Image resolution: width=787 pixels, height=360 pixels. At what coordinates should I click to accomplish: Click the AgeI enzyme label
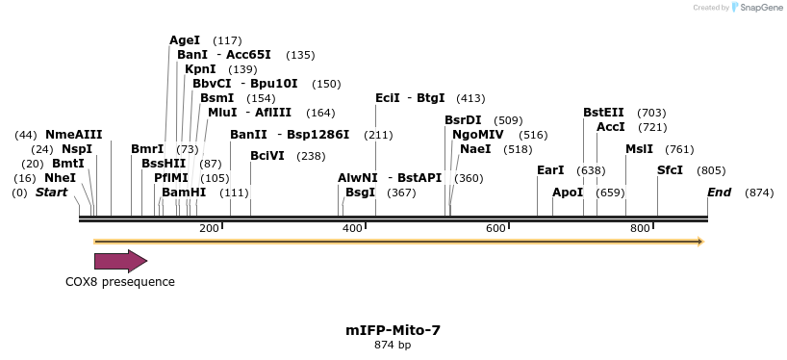[x=185, y=40]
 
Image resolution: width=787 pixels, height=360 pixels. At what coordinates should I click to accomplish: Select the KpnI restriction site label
[x=200, y=69]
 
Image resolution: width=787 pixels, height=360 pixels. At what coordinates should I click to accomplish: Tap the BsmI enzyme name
[x=216, y=98]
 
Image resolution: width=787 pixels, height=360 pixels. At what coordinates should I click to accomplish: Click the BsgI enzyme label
[x=361, y=193]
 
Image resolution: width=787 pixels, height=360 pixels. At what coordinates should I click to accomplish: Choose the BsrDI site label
[x=463, y=120]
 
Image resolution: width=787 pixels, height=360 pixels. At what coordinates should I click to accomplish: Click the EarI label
[x=550, y=170]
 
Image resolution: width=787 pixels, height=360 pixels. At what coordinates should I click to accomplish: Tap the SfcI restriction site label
[x=670, y=170]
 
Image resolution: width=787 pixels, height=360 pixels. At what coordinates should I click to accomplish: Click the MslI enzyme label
[x=639, y=149]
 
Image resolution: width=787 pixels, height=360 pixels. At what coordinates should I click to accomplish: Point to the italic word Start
[x=52, y=193]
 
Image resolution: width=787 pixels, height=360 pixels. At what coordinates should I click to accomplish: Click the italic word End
[x=720, y=193]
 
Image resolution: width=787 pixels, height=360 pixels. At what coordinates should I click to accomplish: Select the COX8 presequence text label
[x=120, y=282]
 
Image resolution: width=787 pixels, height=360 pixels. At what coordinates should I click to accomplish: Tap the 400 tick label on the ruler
[x=351, y=228]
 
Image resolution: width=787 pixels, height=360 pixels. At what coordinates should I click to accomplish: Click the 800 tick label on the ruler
[x=640, y=228]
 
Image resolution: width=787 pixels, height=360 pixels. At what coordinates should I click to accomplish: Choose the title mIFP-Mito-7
[x=393, y=330]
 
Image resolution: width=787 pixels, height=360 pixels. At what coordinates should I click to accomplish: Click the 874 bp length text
[x=393, y=345]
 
